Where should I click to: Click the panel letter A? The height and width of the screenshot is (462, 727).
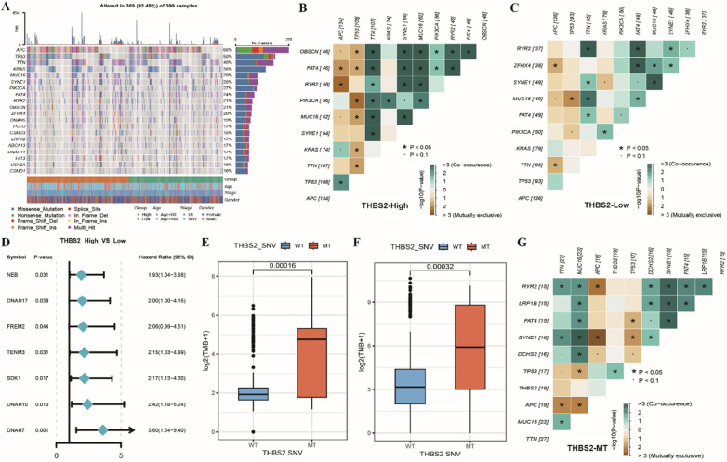point(6,6)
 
